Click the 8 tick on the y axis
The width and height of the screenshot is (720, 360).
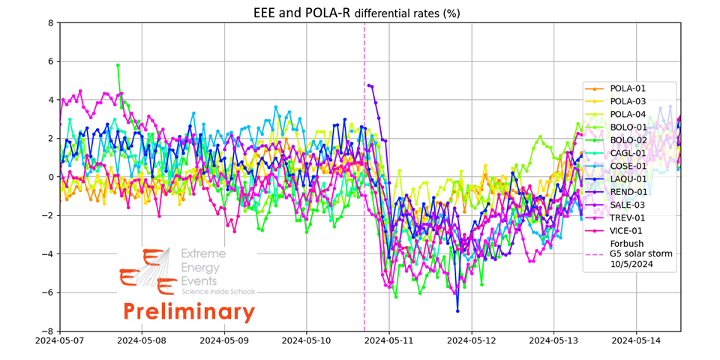pyautogui.click(x=50, y=22)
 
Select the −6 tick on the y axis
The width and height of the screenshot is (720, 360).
pyautogui.click(x=47, y=292)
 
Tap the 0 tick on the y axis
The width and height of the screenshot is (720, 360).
pyautogui.click(x=50, y=177)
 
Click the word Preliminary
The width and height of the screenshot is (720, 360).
pyautogui.click(x=189, y=310)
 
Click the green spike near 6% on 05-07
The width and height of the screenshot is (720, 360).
pyautogui.click(x=118, y=65)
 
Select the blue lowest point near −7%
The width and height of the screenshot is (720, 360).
pyautogui.click(x=457, y=310)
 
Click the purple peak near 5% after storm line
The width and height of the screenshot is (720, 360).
pyautogui.click(x=368, y=85)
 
